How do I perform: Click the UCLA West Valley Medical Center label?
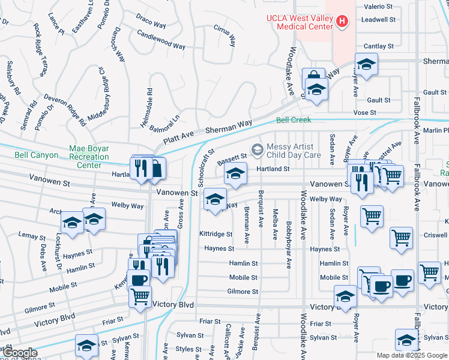pyautogui.click(x=300, y=22)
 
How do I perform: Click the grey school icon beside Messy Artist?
pyautogui.click(x=258, y=149)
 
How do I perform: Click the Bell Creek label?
pyautogui.click(x=294, y=120)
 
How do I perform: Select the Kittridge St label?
pyautogui.click(x=216, y=233)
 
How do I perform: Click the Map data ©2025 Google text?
pyautogui.click(x=412, y=355)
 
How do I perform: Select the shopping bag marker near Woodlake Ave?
pyautogui.click(x=313, y=78)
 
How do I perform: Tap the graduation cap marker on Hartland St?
pyautogui.click(x=235, y=175)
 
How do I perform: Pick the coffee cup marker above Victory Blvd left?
pyautogui.click(x=139, y=280)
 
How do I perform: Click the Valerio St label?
pyautogui.click(x=378, y=7)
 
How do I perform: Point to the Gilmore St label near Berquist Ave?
pyautogui.click(x=243, y=292)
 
